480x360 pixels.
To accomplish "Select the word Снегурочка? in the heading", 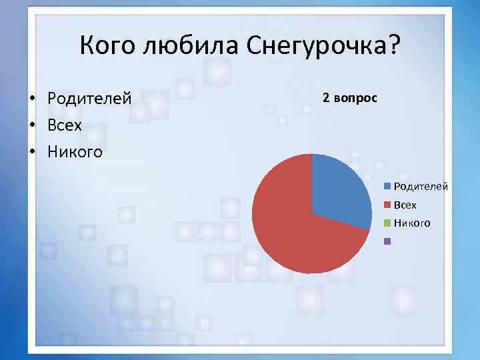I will tap(323, 46).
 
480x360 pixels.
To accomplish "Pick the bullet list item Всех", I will tap(65, 125).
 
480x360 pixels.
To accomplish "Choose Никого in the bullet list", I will tap(75, 152).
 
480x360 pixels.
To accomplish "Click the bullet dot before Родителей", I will tap(31, 99).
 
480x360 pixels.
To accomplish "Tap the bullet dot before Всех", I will tap(31, 126).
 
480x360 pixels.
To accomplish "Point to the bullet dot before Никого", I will tap(31, 153).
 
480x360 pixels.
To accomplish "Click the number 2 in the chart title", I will tap(326, 97).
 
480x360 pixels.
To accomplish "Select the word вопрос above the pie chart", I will tap(355, 97).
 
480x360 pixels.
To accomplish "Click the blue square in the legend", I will tap(387, 188).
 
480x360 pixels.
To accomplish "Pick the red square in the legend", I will tap(387, 205).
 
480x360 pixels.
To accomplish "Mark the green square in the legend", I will tap(387, 223).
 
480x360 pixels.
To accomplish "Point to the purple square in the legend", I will tap(387, 241).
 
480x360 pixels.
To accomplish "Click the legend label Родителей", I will tap(421, 188).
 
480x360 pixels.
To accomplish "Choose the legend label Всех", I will tap(405, 205).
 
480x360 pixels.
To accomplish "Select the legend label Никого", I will tap(412, 223).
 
